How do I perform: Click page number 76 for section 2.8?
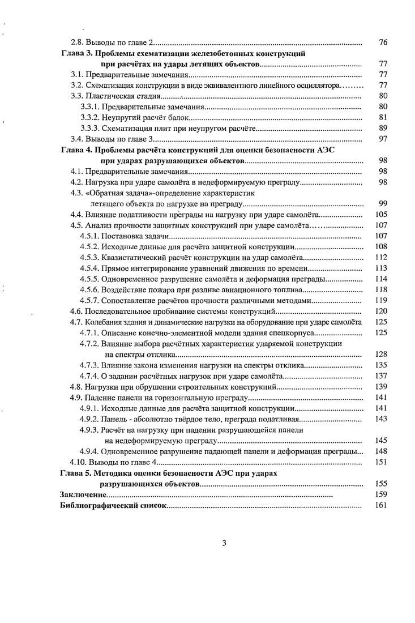click(382, 42)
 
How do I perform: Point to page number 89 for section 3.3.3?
click(382, 129)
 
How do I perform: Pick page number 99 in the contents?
click(382, 203)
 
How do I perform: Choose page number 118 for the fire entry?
click(380, 289)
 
